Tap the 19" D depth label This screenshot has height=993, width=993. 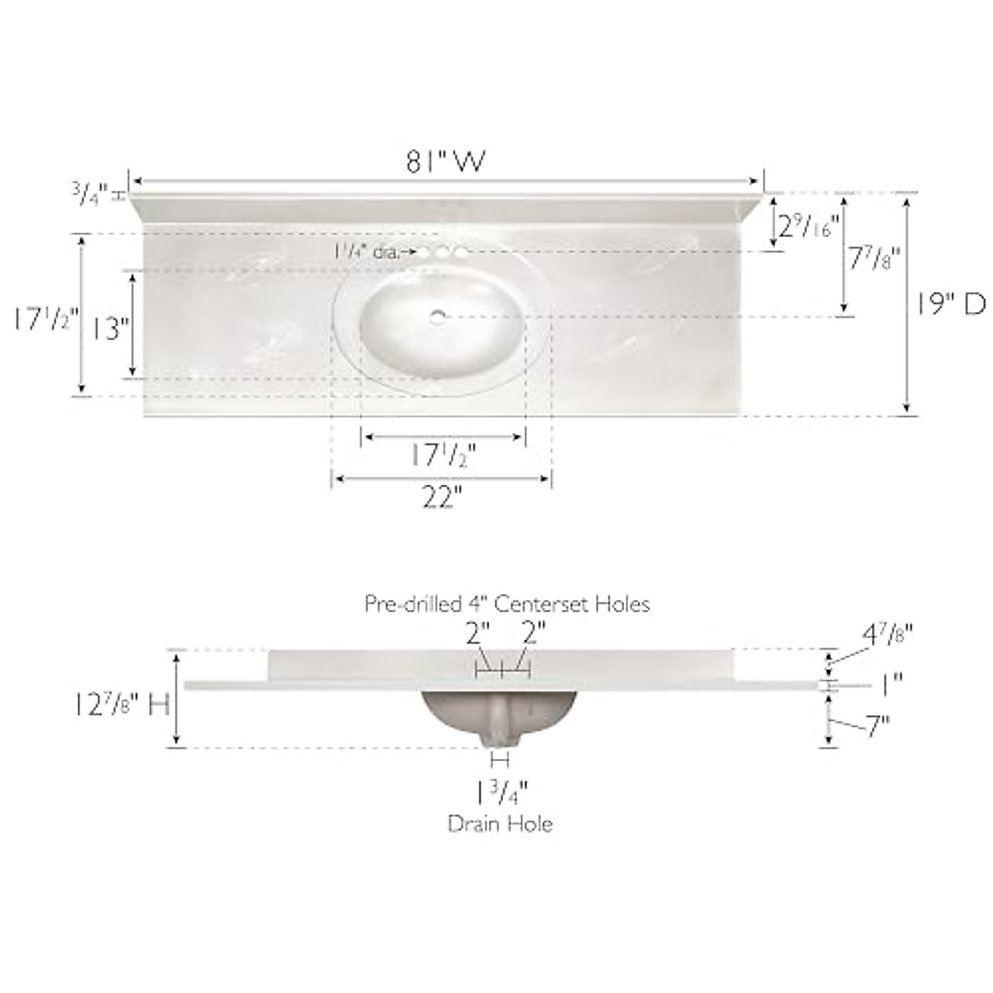(x=951, y=305)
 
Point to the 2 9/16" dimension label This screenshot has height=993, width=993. (x=806, y=224)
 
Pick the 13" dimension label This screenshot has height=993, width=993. (x=108, y=329)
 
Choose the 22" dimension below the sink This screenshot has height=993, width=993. (x=441, y=498)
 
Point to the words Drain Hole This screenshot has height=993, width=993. (x=500, y=823)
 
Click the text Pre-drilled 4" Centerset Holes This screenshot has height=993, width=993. (x=507, y=604)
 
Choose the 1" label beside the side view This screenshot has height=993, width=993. (x=890, y=684)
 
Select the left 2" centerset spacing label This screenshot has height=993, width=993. (x=477, y=636)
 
